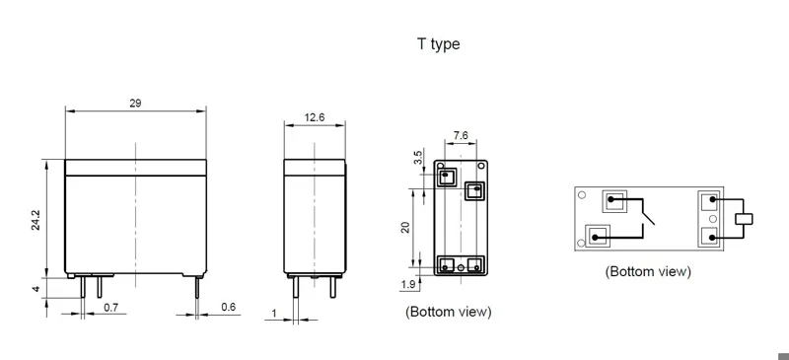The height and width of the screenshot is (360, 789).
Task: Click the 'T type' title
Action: pyautogui.click(x=438, y=44)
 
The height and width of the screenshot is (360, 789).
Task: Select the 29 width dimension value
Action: pyautogui.click(x=135, y=104)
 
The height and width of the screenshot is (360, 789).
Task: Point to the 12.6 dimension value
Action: pyautogui.click(x=315, y=117)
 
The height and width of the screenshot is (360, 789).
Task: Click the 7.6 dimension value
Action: pyautogui.click(x=461, y=135)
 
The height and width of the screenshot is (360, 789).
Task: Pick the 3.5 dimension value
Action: pyautogui.click(x=418, y=158)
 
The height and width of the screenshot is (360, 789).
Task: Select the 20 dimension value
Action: pyautogui.click(x=405, y=227)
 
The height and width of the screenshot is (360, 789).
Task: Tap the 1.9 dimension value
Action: pyautogui.click(x=408, y=285)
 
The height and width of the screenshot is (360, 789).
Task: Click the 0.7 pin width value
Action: pyautogui.click(x=110, y=307)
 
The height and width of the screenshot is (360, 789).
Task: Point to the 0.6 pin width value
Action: pyautogui.click(x=229, y=307)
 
